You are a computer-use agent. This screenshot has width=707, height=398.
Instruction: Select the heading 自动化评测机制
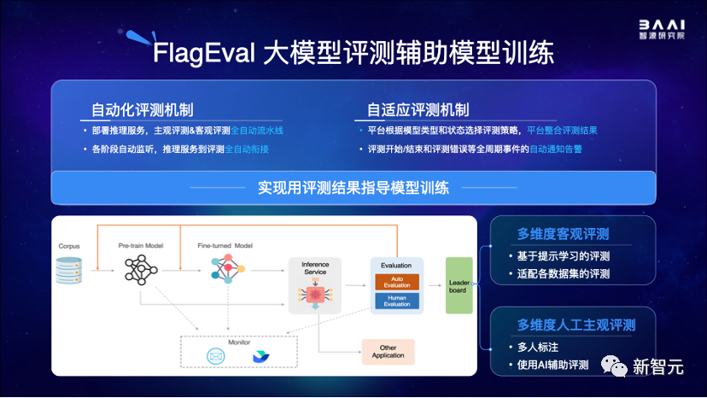tap(142, 109)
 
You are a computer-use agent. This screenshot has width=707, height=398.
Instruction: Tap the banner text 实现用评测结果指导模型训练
tap(353, 187)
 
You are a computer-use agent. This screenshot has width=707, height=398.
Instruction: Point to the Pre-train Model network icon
tap(141, 270)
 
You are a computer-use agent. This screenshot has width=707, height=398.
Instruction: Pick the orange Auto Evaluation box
tap(396, 281)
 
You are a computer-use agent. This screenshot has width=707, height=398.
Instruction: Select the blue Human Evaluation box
tap(396, 300)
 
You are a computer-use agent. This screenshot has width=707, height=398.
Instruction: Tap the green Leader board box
tap(459, 285)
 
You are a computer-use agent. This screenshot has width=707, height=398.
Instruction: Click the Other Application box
tap(388, 351)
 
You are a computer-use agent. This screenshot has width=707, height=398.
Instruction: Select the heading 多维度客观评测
tap(568, 234)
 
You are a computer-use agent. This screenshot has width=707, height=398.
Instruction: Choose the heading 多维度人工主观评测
tap(576, 325)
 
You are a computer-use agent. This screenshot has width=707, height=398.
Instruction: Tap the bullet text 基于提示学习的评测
tap(563, 256)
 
